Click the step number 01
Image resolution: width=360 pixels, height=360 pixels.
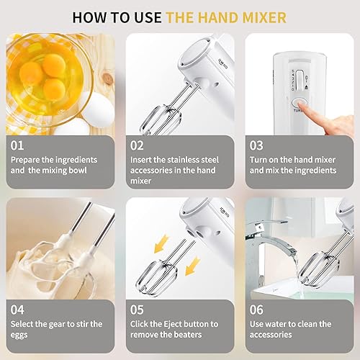point(18,145)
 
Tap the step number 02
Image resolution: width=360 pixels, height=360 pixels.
point(138,145)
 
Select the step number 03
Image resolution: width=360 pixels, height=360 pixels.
point(257,145)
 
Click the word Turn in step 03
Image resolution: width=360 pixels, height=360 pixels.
point(260,159)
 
